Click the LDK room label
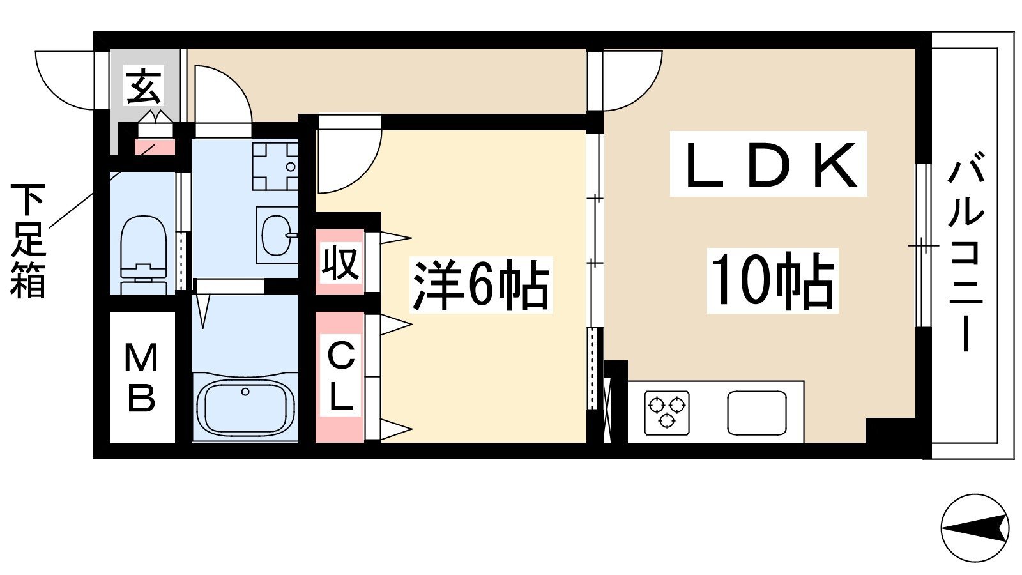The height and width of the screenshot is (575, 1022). (768, 165)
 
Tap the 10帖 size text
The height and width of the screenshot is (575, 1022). (772, 281)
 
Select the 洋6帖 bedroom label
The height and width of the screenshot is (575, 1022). (480, 285)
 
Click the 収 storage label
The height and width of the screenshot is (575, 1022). (340, 263)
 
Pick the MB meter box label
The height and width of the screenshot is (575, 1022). (141, 377)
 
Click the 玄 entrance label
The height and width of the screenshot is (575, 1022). (143, 86)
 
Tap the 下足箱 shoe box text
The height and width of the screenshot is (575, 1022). (28, 241)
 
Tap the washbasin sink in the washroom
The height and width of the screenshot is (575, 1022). (277, 236)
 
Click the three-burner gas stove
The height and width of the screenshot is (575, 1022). (667, 413)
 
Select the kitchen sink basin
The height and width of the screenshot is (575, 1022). (757, 413)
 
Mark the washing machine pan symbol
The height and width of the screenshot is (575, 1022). (275, 165)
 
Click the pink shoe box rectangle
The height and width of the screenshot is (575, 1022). (155, 147)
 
